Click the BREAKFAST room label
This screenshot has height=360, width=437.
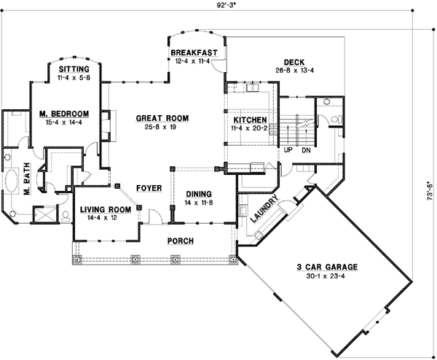coord(194,52)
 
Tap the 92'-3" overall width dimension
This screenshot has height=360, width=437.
coord(227,6)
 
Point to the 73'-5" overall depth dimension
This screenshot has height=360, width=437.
coord(430,191)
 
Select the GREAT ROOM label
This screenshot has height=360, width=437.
coord(162,118)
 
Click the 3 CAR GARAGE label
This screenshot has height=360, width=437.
coord(327,267)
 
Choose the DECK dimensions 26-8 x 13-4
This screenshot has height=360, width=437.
coord(294,71)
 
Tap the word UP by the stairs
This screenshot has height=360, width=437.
coord(288,150)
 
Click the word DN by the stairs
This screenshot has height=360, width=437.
coord(306,150)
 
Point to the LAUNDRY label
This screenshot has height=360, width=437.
coord(264,208)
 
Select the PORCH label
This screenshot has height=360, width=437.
coord(181,240)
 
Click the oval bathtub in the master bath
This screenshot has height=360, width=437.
coord(11,181)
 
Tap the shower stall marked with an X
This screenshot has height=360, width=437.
coord(44,214)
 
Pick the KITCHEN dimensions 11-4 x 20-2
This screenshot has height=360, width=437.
coord(249,128)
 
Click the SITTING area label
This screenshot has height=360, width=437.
coord(74,69)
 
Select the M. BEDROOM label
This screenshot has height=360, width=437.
coord(64,114)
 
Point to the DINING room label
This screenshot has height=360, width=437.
coord(199,194)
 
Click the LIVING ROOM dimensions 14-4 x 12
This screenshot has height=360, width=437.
coord(102,218)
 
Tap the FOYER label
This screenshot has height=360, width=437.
coord(149,188)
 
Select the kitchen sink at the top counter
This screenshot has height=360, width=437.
coord(253,87)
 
